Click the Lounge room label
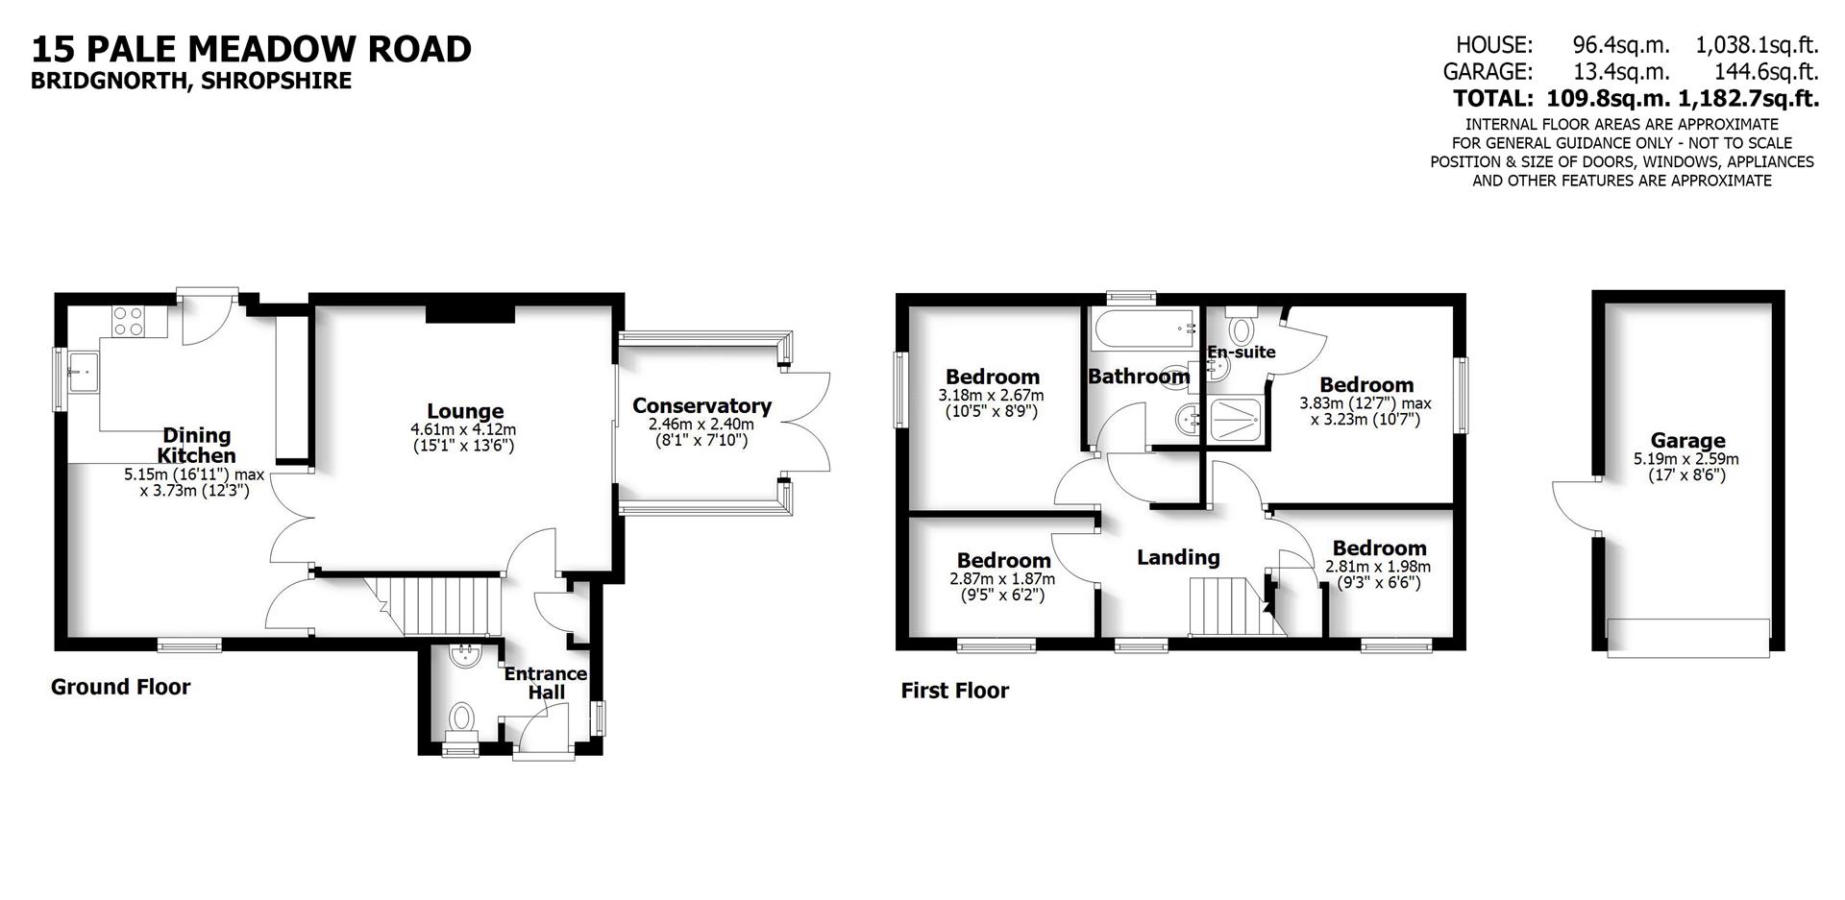pos(465,412)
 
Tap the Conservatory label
pos(701,405)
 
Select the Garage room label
pos(1687,441)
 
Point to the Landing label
pos(1178,557)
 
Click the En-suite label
pos(1242,352)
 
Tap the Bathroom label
pos(1139,376)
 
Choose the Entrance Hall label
pos(546,682)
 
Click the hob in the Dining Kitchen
pos(128,320)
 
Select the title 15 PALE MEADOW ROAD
pos(251,49)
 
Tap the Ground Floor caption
pos(120,687)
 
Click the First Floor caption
pos(954,691)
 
